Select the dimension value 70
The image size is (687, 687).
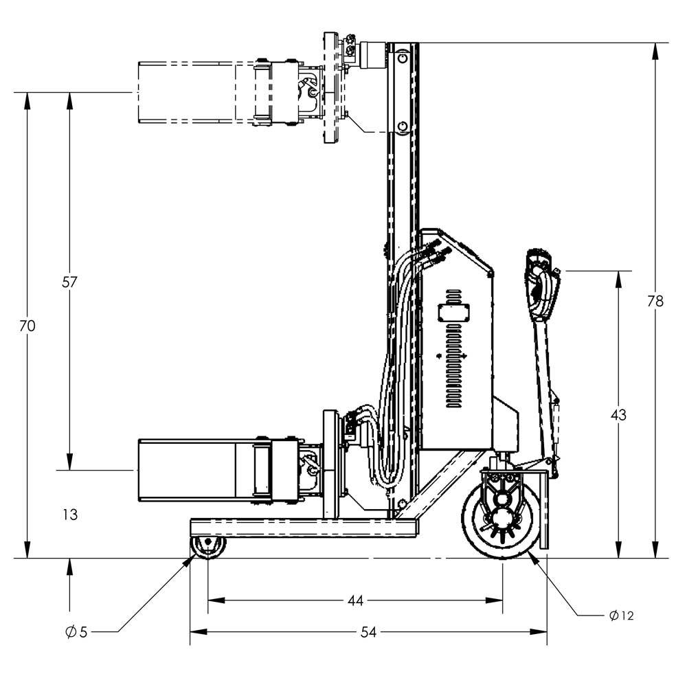coord(27,326)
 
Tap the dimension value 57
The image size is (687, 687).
coord(69,282)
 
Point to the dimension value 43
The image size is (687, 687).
coord(618,415)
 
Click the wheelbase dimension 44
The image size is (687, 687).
coord(354,600)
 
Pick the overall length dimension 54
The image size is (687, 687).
coord(368,632)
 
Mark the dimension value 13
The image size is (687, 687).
coord(69,515)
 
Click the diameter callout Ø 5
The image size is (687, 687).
coord(76,632)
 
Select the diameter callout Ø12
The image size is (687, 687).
coord(621,616)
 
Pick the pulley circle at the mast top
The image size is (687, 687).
coord(402,56)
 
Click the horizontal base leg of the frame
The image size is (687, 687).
coord(302,528)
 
